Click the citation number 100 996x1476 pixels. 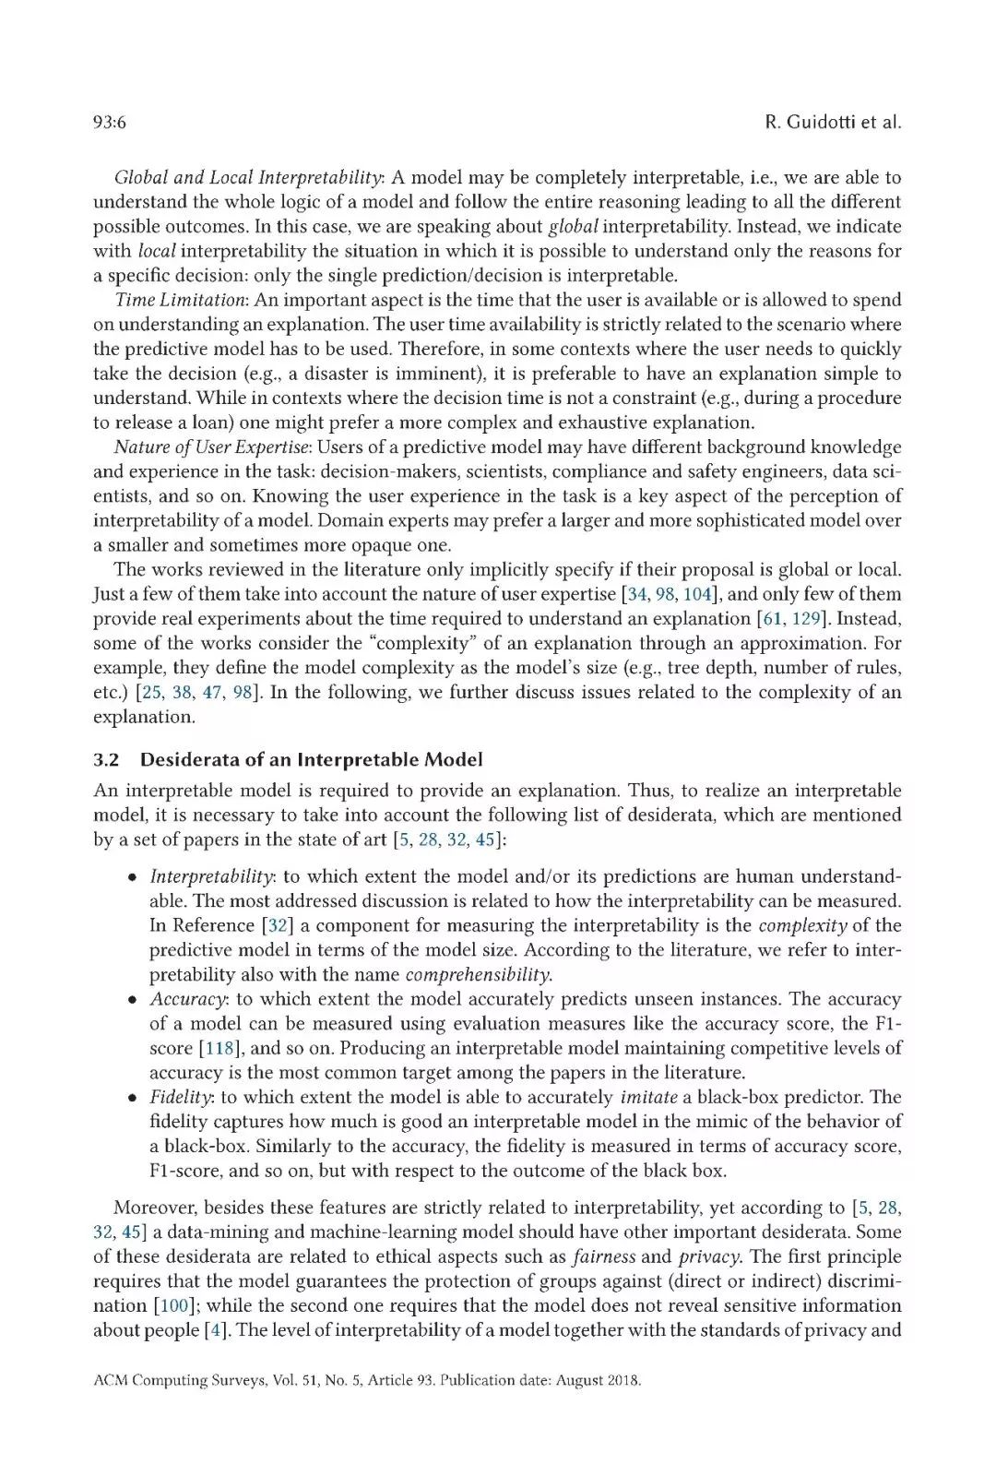coord(162,1305)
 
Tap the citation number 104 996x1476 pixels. coord(699,594)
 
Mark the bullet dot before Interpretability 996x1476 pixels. coord(134,877)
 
